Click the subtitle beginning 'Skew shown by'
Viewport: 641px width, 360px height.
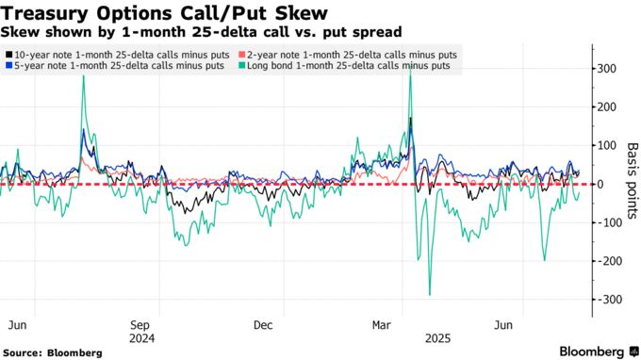[x=202, y=31]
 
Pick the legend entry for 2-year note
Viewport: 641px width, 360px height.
[x=350, y=55]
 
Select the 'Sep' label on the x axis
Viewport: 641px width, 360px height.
[x=141, y=325]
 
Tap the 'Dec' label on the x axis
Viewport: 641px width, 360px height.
[x=263, y=325]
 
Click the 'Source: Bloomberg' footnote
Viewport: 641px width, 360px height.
[x=53, y=352]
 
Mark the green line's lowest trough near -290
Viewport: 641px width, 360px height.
[x=430, y=295]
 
